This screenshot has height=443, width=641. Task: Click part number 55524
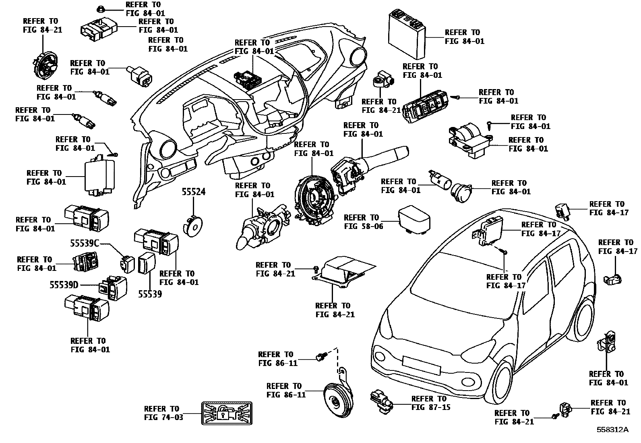click(193, 192)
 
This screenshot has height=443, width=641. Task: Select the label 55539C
click(85, 243)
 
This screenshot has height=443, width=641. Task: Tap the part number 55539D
click(64, 285)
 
